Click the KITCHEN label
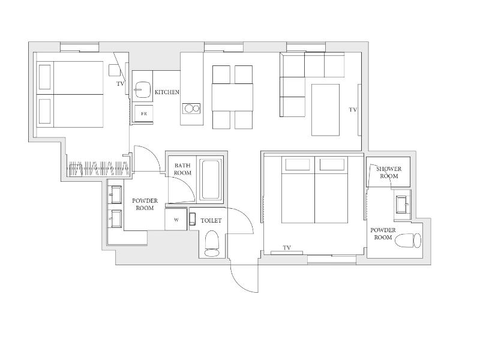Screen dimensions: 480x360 tap(167, 92)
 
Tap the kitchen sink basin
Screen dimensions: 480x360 tap(143, 89)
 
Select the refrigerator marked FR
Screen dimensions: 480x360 tap(143, 113)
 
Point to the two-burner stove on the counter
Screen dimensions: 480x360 tap(191, 109)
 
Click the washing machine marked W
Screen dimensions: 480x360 tap(176, 220)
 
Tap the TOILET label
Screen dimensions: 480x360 tap(211, 220)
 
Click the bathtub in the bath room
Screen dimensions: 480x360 tap(211, 179)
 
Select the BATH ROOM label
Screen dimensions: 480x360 tap(182, 169)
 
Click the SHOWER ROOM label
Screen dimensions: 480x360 tap(389, 172)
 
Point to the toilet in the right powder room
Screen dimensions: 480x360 tap(408, 241)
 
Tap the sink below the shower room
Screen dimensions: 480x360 tap(402, 205)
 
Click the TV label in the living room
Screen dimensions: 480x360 tap(353, 109)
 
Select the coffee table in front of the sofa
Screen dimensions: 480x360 tap(325, 110)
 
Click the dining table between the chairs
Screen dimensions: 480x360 tap(232, 97)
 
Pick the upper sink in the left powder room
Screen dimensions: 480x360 tap(116, 194)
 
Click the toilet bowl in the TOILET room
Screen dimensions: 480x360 tap(212, 244)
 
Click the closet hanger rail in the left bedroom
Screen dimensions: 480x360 tap(99, 169)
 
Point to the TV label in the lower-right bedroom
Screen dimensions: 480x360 tap(287, 248)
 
